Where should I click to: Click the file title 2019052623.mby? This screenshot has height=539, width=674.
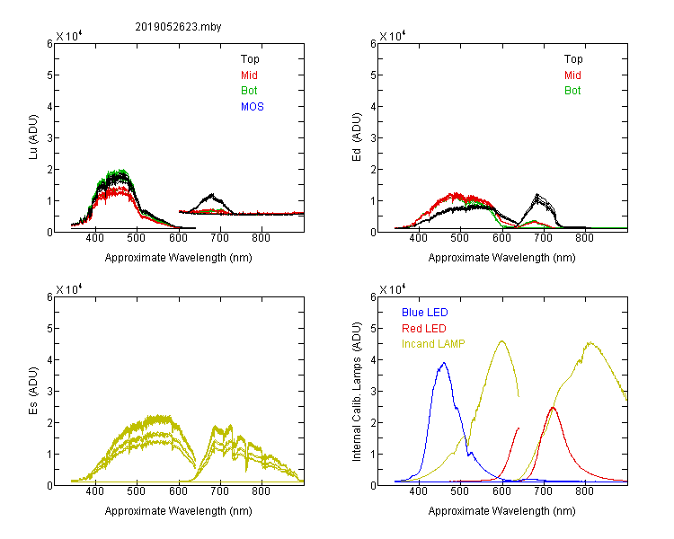coord(178,27)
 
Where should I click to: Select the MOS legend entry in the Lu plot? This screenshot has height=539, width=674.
coord(253,107)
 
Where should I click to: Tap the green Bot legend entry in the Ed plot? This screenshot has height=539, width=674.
coord(572,91)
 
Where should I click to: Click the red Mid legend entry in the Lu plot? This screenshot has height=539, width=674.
coord(249,75)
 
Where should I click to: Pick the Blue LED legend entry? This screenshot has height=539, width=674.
coord(425,313)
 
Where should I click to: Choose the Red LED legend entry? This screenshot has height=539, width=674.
coord(424,329)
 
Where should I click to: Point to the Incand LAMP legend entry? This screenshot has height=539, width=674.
coord(433,344)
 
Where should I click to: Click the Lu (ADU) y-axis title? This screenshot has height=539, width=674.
coord(33,137)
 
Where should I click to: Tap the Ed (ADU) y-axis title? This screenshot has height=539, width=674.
coord(357,137)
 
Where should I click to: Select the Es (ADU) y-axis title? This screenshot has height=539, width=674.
coord(33,391)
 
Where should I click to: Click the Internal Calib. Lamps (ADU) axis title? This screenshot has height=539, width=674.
coord(357,392)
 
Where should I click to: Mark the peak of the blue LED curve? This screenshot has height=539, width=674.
coord(444,363)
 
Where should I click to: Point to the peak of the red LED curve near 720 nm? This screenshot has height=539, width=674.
coord(553,408)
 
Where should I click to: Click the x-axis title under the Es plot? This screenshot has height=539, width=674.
coord(179,511)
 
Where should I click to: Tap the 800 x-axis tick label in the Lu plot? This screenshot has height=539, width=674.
coord(261,238)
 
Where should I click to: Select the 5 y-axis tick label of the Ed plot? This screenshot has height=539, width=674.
coord(373,75)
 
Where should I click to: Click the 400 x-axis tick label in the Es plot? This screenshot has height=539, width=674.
coord(95,491)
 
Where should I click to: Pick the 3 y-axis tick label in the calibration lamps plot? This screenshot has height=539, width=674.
coord(373,391)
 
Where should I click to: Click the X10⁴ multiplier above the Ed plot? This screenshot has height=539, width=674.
coord(393,36)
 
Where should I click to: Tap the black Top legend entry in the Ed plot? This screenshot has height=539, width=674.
coord(573,59)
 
